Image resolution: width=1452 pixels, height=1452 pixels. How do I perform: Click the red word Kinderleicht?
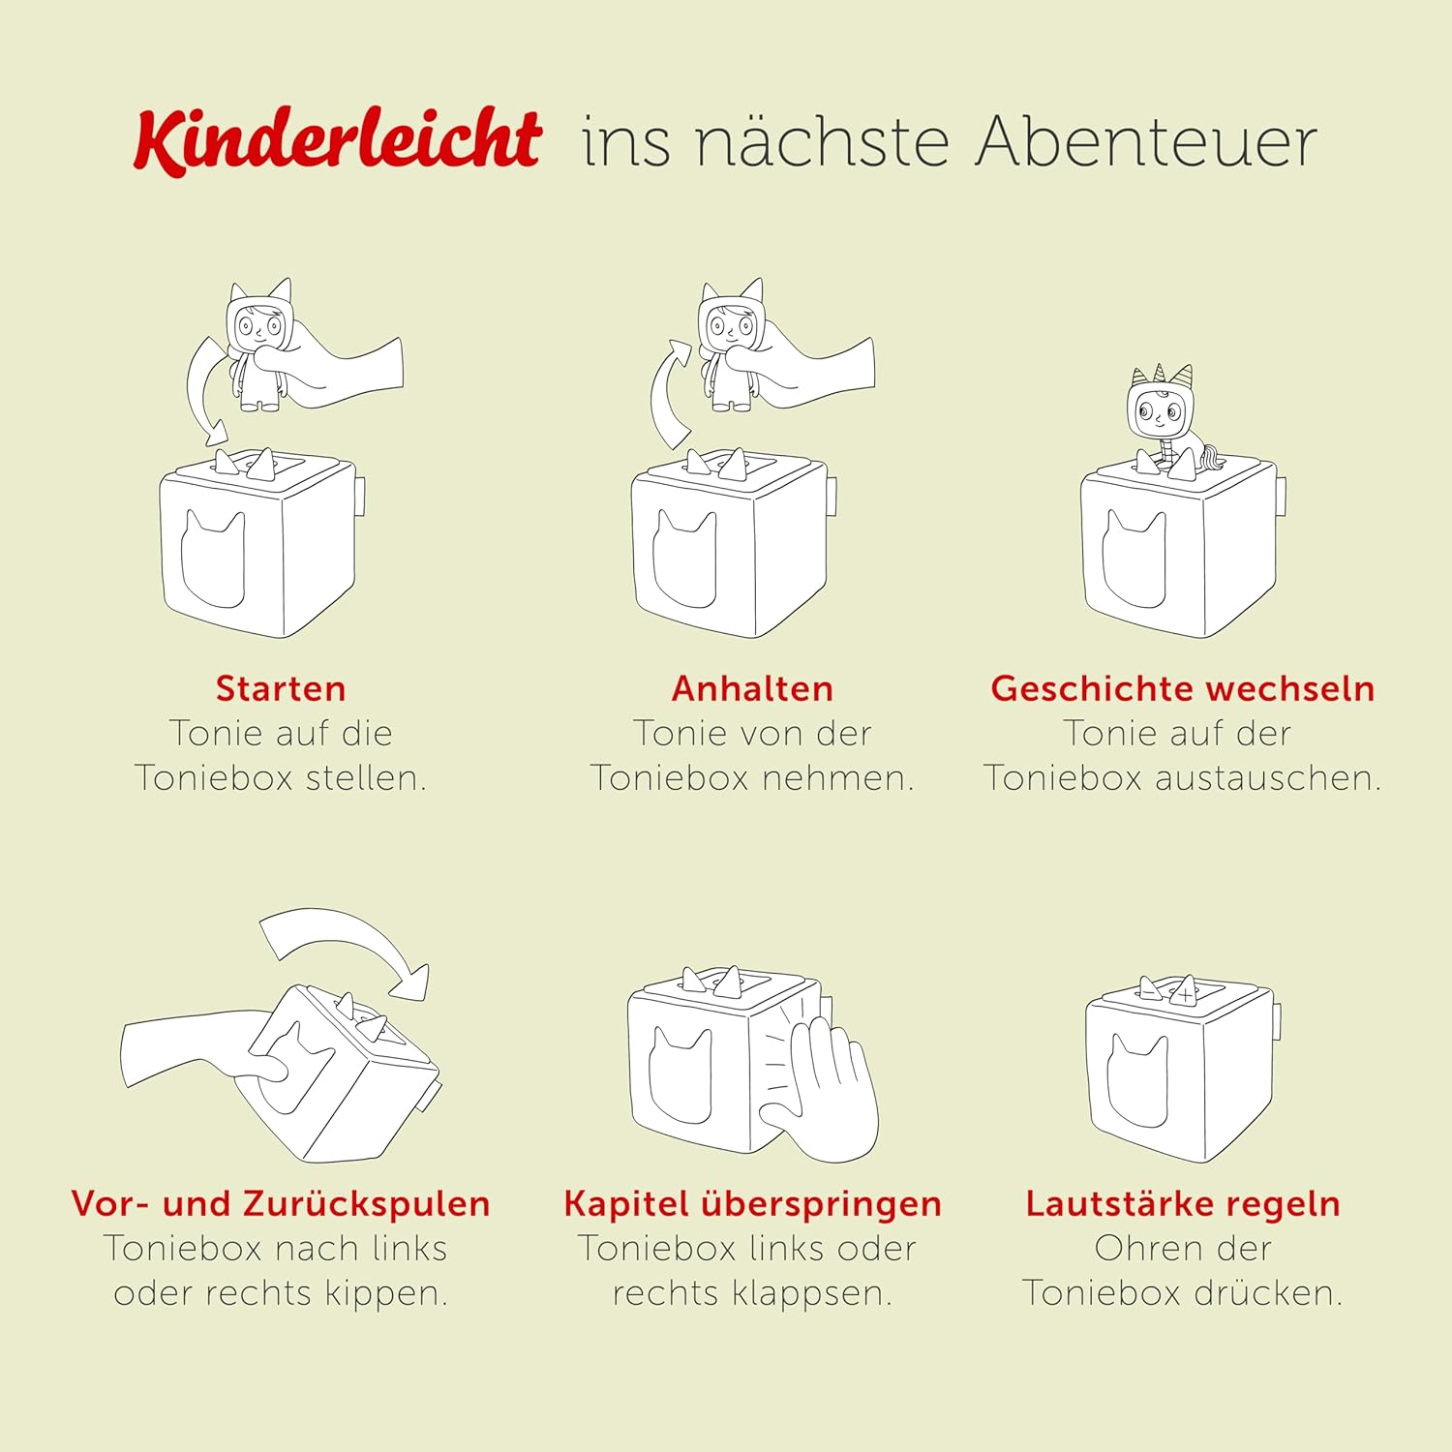click(337, 141)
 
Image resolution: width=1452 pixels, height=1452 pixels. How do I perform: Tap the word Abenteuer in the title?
click(1146, 142)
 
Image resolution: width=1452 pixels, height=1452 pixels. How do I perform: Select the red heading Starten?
click(281, 688)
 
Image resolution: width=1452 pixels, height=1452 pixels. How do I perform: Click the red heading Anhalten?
click(752, 688)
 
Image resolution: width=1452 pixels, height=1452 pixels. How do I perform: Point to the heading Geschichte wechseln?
click(1183, 688)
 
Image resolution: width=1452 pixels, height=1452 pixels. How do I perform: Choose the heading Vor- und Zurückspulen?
click(281, 1203)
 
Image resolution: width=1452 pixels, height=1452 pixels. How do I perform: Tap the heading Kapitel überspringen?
click(752, 1204)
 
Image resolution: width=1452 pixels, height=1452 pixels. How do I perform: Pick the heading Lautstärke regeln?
click(1183, 1204)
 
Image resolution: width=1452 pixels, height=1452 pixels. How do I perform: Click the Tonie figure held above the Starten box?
click(259, 344)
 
